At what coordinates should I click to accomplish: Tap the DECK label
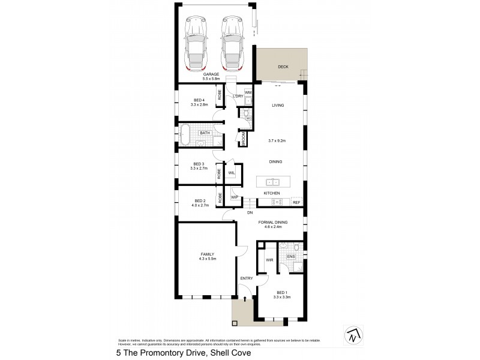pyautogui.click(x=283, y=67)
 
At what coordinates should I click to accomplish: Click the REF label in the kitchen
pyautogui.click(x=296, y=202)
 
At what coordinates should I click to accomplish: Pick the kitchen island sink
pyautogui.click(x=271, y=181)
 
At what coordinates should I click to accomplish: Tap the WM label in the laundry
pyautogui.click(x=248, y=92)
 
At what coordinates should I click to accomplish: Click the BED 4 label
pyautogui.click(x=199, y=100)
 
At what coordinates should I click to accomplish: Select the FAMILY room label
pyautogui.click(x=207, y=254)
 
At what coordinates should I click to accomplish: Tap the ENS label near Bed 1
pyautogui.click(x=290, y=257)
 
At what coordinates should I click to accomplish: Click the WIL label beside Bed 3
pyautogui.click(x=231, y=173)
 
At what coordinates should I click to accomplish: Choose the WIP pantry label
pyautogui.click(x=235, y=197)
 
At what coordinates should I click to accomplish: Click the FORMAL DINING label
pyautogui.click(x=273, y=223)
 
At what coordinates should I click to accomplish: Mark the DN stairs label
pyautogui.click(x=250, y=212)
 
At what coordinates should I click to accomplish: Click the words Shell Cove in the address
pyautogui.click(x=229, y=353)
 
